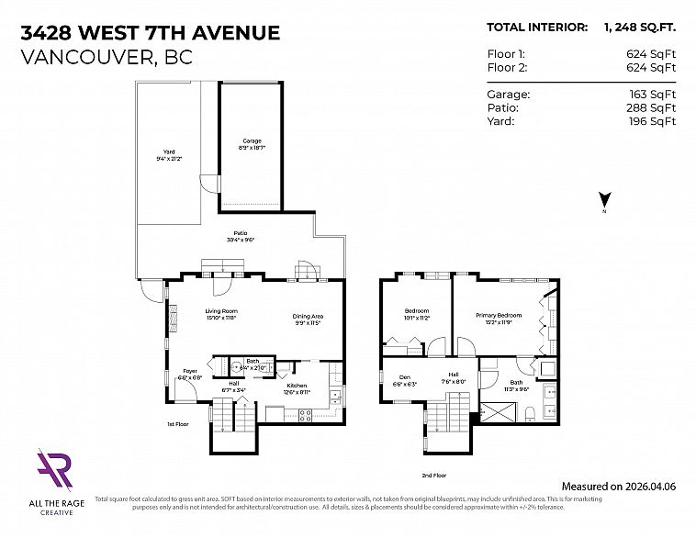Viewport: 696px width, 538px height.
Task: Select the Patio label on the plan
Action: [241, 236]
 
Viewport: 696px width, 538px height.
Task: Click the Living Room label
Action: [221, 315]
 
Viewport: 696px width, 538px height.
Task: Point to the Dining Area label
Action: [308, 319]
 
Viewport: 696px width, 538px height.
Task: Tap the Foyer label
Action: [189, 374]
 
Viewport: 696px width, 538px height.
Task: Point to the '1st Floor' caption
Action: [178, 425]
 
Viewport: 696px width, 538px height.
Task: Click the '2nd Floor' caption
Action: [433, 476]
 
